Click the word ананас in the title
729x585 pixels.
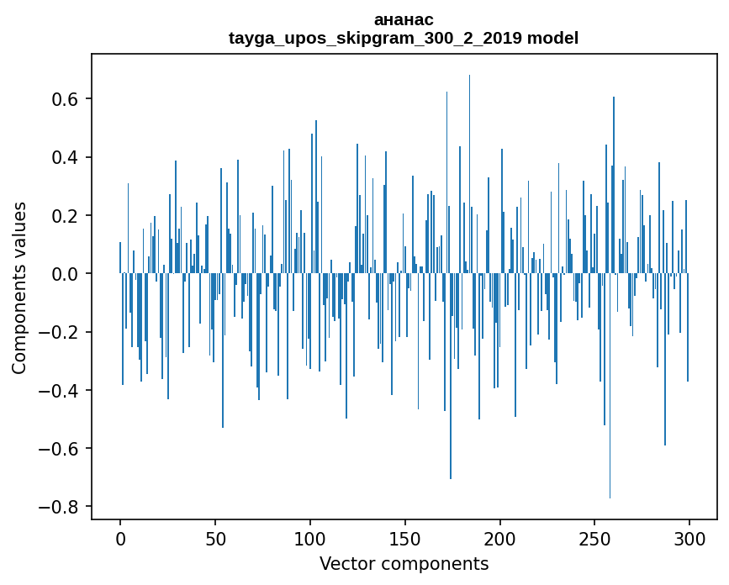click(x=404, y=19)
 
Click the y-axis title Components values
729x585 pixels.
click(x=19, y=287)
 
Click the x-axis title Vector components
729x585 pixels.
click(x=404, y=563)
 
